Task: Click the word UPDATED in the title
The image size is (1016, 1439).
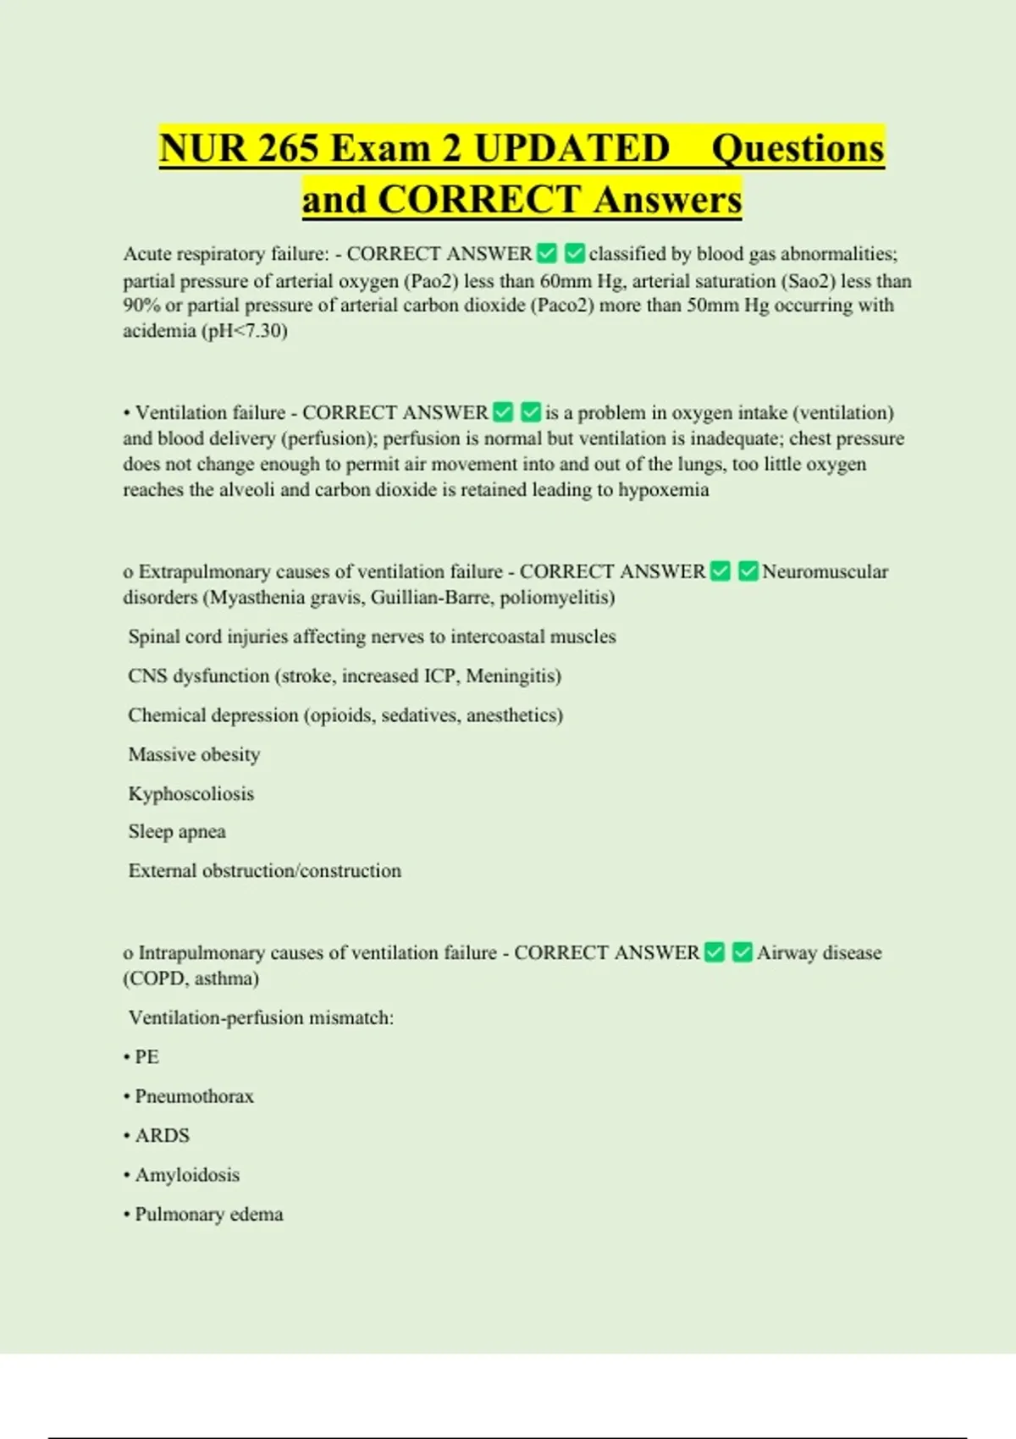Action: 571,149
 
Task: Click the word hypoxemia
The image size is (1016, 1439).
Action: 663,490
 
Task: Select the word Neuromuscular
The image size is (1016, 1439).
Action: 825,572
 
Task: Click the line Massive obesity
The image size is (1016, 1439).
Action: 194,754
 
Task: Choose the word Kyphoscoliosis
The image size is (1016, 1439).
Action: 191,794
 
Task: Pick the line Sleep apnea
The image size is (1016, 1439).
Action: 177,832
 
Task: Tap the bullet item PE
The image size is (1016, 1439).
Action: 146,1057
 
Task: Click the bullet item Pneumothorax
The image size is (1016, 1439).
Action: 194,1096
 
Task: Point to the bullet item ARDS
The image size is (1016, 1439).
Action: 162,1136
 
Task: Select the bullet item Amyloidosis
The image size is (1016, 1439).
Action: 187,1175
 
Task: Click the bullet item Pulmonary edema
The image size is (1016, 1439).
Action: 208,1215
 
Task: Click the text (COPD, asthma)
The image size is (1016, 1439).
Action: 191,979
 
